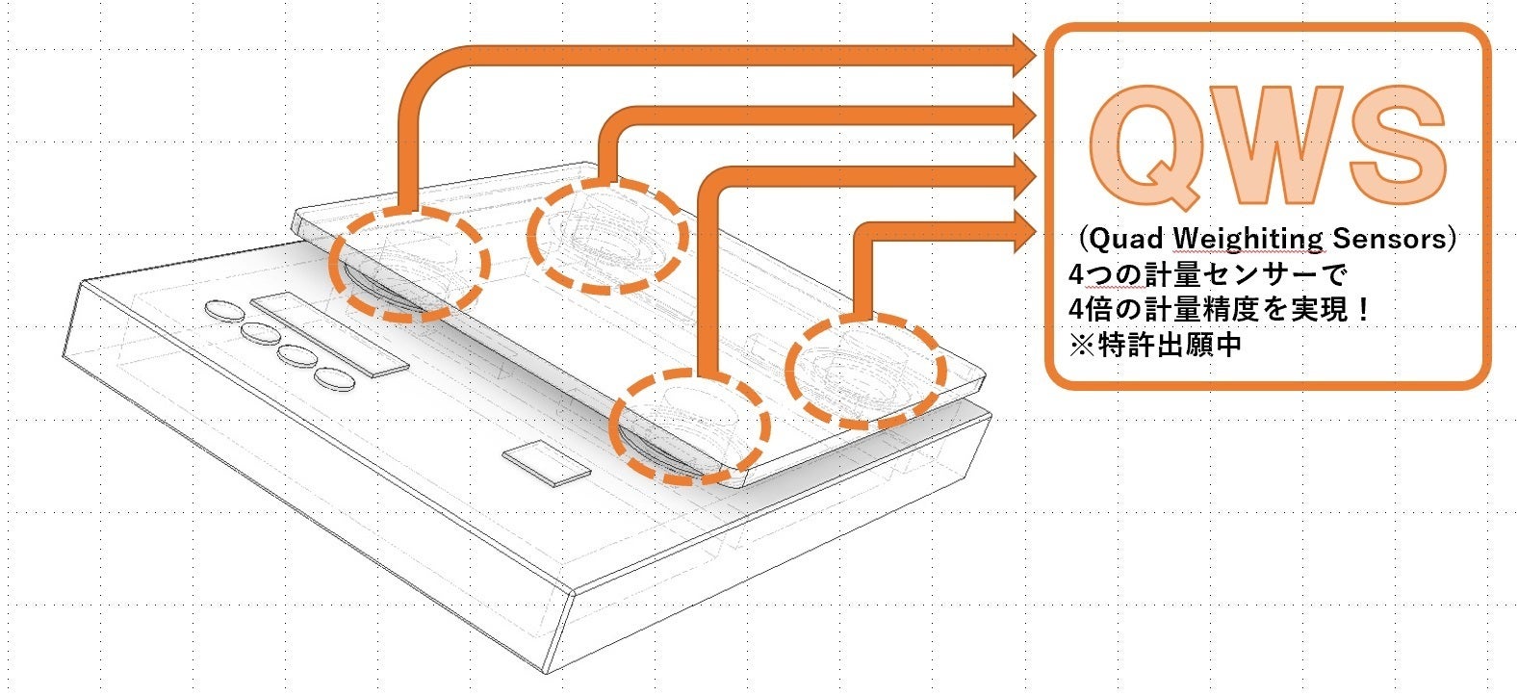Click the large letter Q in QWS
tap(1146, 146)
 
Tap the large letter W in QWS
tap(1274, 145)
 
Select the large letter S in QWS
tap(1398, 145)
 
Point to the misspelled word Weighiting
tap(1247, 240)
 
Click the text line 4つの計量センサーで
tap(1207, 274)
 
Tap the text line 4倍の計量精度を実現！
tap(1220, 310)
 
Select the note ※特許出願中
tap(1155, 345)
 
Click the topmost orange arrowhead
tap(1024, 56)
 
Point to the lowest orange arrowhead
tap(1024, 232)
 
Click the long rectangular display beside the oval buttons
tap(329, 334)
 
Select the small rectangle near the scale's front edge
tap(546, 463)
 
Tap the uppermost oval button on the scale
tap(225, 310)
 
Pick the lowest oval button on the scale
tap(335, 379)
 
